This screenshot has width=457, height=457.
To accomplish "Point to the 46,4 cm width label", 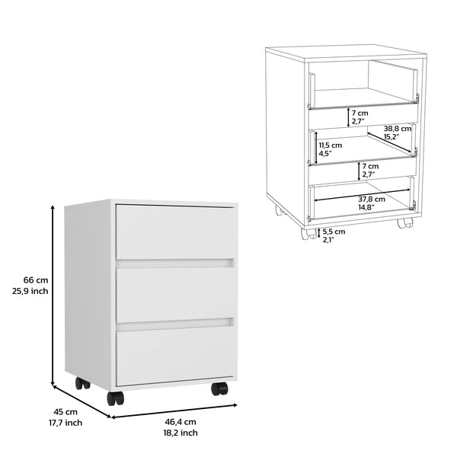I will point(180,421).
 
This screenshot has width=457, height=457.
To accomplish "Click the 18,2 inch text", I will point(180,433).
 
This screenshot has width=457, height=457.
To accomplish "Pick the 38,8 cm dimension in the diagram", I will point(398,129).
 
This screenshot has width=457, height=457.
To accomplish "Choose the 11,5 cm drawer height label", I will point(330,145).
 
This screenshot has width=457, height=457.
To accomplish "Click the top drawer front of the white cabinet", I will point(174,231).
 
